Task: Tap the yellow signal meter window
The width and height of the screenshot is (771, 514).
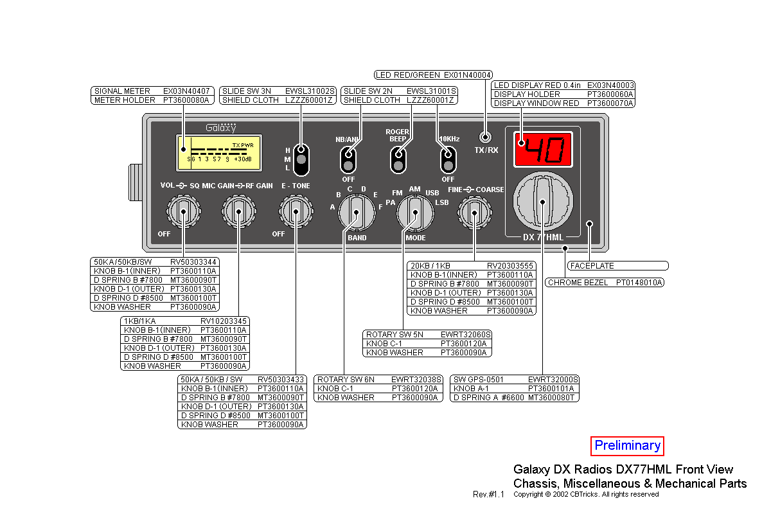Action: pyautogui.click(x=220, y=153)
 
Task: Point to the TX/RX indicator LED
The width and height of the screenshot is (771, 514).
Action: pyautogui.click(x=486, y=137)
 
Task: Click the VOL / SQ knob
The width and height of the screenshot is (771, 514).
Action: pyautogui.click(x=183, y=210)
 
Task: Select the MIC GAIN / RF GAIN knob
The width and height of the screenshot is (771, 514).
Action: pyautogui.click(x=238, y=210)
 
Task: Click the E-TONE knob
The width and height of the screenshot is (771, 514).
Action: pyautogui.click(x=295, y=210)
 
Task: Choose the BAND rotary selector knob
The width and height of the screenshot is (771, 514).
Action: pyautogui.click(x=356, y=213)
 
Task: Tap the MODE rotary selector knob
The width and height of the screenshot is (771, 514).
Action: pyautogui.click(x=414, y=213)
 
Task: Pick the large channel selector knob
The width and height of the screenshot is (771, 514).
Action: pyautogui.click(x=542, y=202)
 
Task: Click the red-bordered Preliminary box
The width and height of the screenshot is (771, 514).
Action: pyautogui.click(x=627, y=446)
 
